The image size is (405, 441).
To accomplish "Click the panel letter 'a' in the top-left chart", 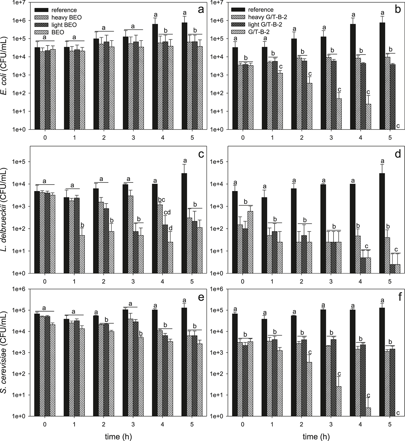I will (x=201, y=10).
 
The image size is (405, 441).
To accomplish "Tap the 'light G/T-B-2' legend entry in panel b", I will (x=265, y=25).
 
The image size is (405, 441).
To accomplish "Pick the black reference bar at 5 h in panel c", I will (x=184, y=223).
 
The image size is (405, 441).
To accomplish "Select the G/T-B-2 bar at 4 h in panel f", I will (x=368, y=412).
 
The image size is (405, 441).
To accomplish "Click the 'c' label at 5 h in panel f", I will (x=398, y=413).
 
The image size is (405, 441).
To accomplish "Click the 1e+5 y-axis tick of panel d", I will (x=219, y=162).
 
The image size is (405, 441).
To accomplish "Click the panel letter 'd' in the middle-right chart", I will (x=398, y=154).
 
